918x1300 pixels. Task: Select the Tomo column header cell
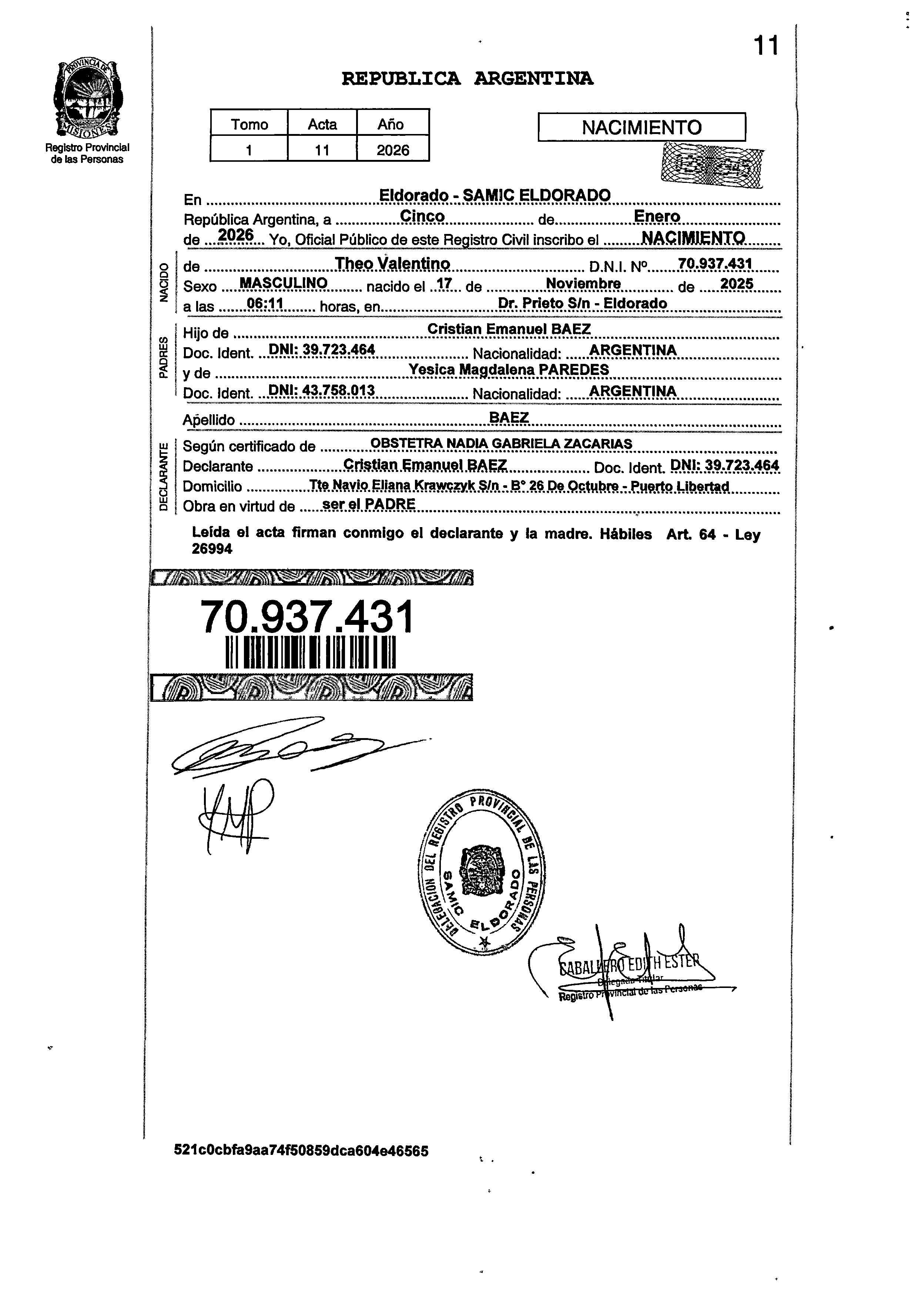249,124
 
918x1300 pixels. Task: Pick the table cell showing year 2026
392,150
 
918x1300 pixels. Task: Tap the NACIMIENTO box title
641,127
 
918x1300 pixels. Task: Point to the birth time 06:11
265,304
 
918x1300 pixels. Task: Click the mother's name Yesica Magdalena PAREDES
509,370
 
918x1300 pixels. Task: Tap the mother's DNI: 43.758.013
321,390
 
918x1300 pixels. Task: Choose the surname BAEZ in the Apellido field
509,418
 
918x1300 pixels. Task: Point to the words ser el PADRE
368,504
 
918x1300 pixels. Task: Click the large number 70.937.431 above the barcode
308,617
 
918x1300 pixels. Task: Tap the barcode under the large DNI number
310,652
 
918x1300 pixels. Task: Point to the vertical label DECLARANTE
164,477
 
